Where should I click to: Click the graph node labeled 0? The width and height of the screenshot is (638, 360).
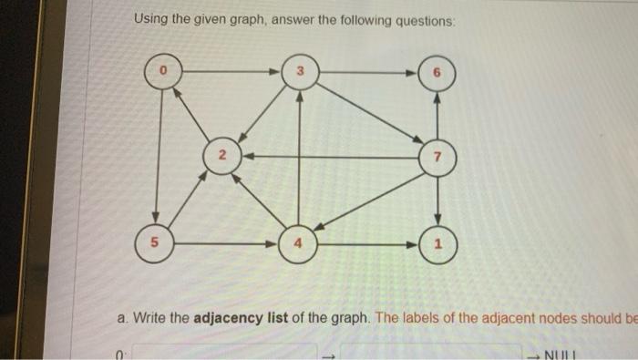pos(163,69)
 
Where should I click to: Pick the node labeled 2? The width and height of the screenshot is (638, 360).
pos(220,156)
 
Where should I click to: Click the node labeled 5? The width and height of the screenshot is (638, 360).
pos(156,244)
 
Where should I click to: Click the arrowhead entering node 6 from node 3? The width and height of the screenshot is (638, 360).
pos(415,71)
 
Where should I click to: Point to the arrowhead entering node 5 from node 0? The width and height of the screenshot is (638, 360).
pos(157,224)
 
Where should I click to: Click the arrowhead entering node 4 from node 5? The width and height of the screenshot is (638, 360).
pos(279,244)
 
